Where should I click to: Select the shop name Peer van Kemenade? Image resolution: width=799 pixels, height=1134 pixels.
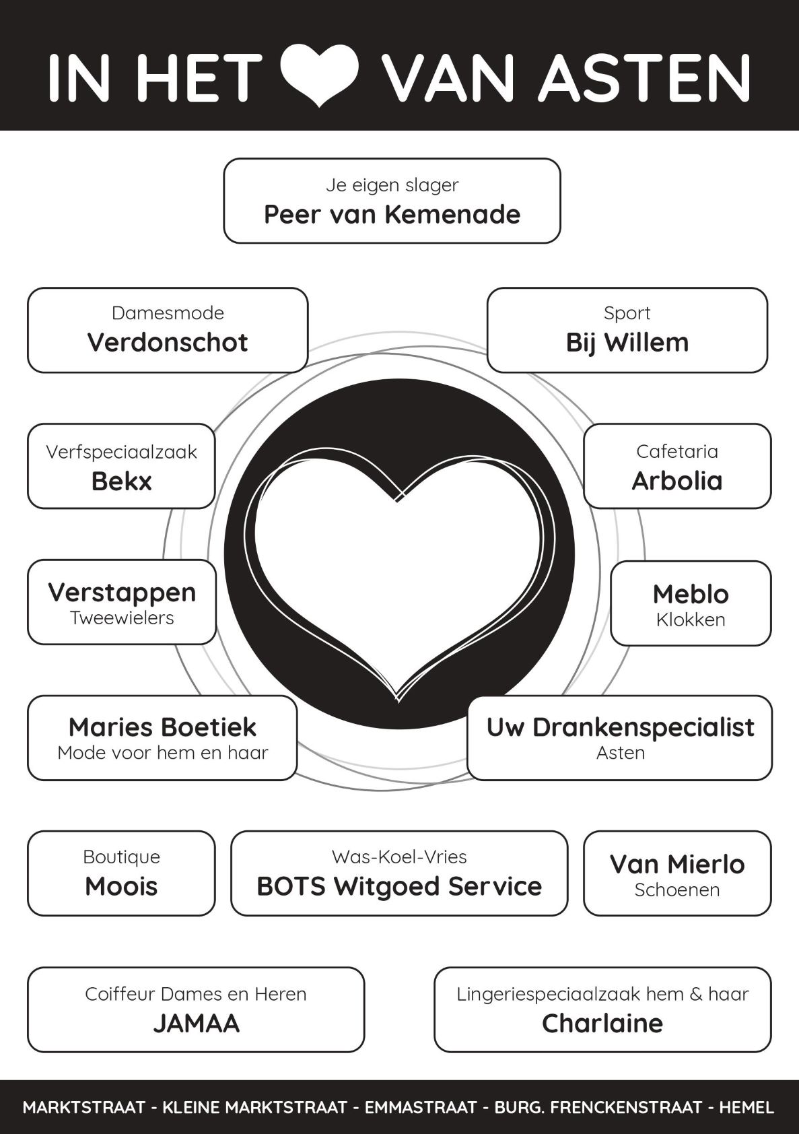click(392, 215)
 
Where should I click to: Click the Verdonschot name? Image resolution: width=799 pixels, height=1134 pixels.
click(168, 343)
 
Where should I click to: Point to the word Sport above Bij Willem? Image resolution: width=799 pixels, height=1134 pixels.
click(627, 313)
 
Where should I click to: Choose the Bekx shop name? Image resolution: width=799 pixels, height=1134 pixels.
click(121, 481)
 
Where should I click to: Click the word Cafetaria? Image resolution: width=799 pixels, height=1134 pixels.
click(677, 451)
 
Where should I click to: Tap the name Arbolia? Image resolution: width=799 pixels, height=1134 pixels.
click(677, 481)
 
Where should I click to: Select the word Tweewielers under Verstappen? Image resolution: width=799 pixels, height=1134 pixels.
click(122, 618)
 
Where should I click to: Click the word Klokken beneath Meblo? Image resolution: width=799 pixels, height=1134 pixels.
click(691, 620)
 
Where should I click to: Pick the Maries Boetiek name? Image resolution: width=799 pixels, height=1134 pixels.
click(162, 727)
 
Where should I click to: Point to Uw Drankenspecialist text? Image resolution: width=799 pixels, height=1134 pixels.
click(620, 727)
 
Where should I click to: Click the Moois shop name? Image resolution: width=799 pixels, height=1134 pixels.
click(121, 887)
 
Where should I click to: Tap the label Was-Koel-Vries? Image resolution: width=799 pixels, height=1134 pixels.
click(399, 857)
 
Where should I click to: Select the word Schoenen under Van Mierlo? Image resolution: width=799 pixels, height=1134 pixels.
click(677, 890)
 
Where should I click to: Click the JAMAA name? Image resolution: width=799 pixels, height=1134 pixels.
click(196, 1024)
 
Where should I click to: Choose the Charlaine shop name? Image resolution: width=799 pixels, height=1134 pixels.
click(602, 1024)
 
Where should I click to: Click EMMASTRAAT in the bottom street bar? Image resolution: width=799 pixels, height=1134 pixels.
click(421, 1108)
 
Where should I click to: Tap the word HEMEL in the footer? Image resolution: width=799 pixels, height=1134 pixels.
click(746, 1108)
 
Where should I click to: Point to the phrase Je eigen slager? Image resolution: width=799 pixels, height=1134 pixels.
click(392, 185)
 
